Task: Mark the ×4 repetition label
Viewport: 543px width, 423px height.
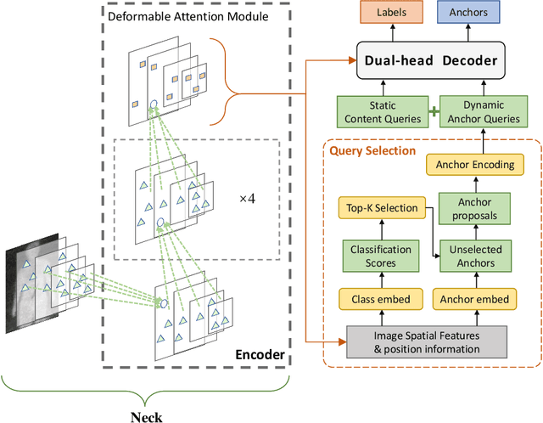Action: [x=247, y=198]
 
